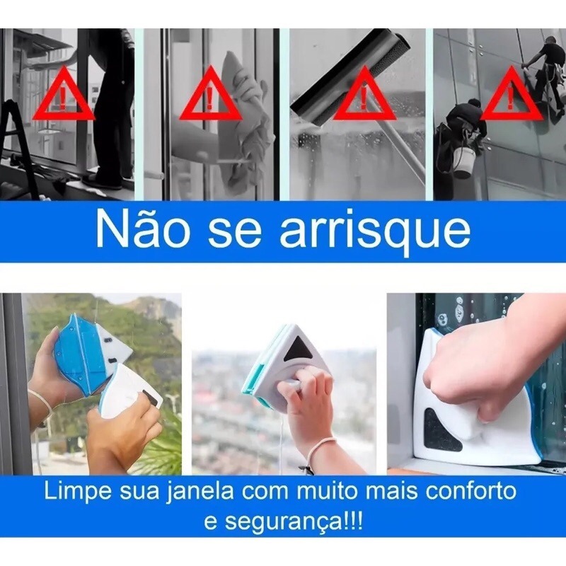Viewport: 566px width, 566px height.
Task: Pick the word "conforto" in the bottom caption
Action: [470, 491]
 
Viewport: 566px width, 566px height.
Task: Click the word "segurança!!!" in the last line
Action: [284, 521]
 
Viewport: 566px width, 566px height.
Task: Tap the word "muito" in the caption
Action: [320, 491]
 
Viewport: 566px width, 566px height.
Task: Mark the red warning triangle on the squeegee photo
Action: [364, 96]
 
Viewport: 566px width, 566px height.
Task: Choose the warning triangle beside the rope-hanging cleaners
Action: [512, 96]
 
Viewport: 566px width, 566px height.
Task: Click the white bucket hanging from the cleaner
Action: [465, 162]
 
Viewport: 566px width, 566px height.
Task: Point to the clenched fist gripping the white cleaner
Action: [468, 380]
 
